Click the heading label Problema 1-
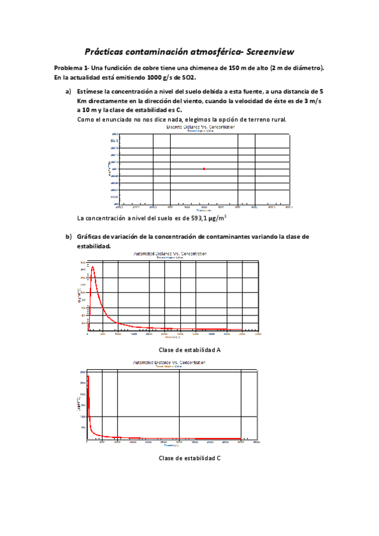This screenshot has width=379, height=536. [x=71, y=68]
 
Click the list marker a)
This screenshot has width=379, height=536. [x=68, y=92]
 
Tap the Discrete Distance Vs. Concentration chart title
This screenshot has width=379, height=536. [x=201, y=126]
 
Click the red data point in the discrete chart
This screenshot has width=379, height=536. [x=204, y=169]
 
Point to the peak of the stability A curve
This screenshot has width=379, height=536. [x=93, y=267]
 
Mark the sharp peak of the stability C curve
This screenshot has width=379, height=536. [x=88, y=377]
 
